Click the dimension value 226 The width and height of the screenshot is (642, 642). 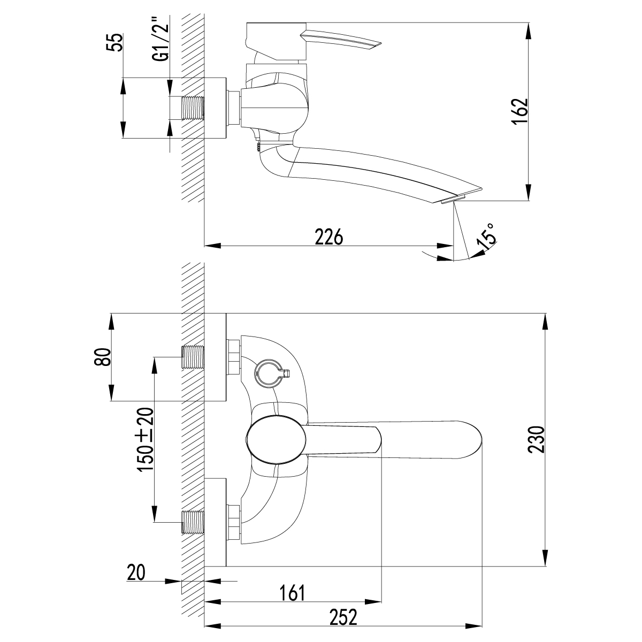329,237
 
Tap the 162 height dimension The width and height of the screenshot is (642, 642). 519,112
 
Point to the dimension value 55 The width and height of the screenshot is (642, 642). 114,42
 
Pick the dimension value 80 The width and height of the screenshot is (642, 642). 102,357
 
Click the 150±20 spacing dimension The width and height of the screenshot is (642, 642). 146,439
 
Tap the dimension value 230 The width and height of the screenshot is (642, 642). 536,439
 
